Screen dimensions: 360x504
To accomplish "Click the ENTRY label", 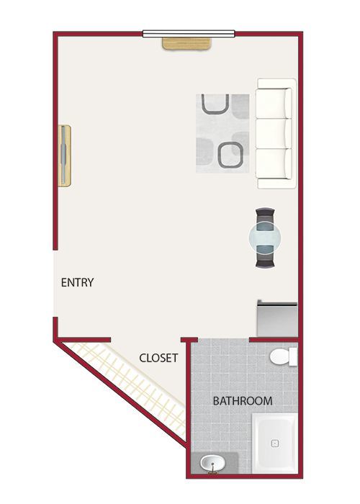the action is click(78, 282).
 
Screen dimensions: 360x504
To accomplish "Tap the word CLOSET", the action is click(158, 358).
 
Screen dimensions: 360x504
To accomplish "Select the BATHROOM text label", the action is click(243, 401).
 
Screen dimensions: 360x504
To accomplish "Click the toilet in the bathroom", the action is click(284, 356).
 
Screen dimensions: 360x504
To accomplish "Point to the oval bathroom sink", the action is click(213, 463).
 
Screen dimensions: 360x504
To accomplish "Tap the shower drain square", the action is click(275, 444).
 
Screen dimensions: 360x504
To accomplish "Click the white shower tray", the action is click(275, 444).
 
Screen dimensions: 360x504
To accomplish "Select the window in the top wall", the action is click(189, 34).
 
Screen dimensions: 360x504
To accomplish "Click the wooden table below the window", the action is click(186, 44).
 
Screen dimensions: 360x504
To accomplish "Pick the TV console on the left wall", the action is click(64, 156).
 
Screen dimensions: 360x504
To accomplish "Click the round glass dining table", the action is click(265, 238).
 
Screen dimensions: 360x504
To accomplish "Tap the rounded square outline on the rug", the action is click(231, 156).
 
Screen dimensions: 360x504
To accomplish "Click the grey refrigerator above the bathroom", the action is click(277, 318).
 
